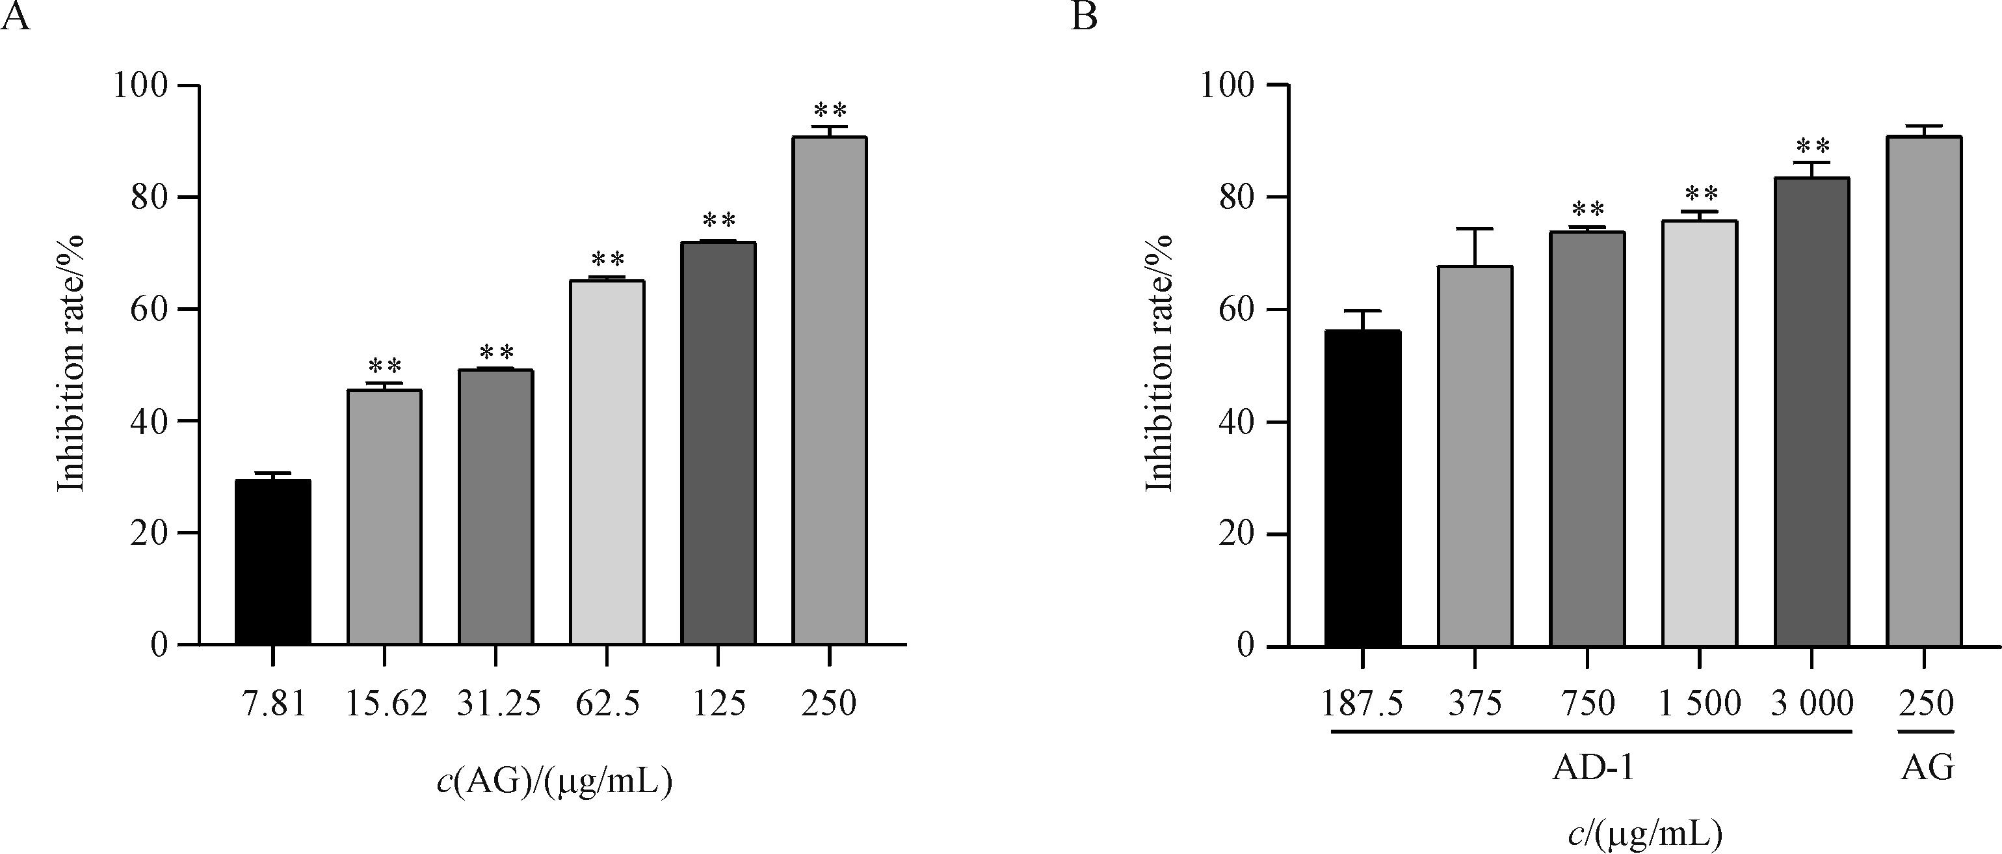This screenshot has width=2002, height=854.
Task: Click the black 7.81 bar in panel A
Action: (x=273, y=562)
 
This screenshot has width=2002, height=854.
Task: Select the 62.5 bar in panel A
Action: (x=607, y=462)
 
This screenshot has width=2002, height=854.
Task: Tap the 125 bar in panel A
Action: (x=718, y=443)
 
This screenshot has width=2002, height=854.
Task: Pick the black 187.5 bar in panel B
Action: (x=1363, y=488)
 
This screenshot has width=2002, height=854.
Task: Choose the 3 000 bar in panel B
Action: (x=1811, y=412)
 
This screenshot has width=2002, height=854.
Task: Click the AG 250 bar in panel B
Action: (x=1923, y=391)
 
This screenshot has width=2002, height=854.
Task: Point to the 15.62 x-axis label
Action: (x=385, y=704)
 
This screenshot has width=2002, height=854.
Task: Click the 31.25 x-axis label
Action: (x=497, y=704)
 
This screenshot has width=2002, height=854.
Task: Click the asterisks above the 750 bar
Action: (x=1587, y=209)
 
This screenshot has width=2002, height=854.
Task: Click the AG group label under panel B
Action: (x=1926, y=769)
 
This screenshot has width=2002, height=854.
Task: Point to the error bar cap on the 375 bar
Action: (x=1474, y=228)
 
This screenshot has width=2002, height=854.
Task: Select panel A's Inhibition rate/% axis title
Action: (x=72, y=364)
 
